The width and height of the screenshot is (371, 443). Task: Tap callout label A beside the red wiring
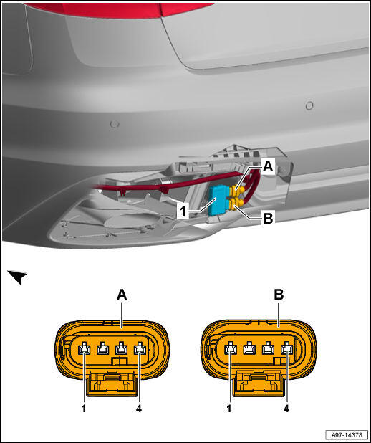(x=268, y=167)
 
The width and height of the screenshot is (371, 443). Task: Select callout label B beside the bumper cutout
(x=268, y=218)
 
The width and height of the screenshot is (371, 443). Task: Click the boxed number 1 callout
(x=184, y=211)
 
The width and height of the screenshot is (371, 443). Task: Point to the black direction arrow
(x=17, y=277)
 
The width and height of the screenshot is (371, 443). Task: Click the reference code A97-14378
(x=347, y=434)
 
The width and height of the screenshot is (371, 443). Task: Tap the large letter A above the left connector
(x=122, y=295)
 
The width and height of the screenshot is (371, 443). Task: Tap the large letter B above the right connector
(x=279, y=295)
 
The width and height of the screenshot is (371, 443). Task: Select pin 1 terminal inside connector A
(x=84, y=348)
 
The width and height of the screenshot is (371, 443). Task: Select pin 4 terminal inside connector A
(x=140, y=348)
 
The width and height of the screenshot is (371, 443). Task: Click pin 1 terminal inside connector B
(x=230, y=348)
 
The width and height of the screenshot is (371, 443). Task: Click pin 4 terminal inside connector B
(x=286, y=348)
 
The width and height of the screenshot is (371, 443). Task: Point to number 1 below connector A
(x=84, y=409)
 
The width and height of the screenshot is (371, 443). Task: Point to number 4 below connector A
(x=139, y=409)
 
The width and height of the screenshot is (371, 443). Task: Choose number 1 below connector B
(x=229, y=409)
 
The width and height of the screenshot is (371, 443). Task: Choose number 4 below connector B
(x=286, y=409)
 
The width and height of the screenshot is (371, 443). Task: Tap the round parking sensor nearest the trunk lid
(x=309, y=105)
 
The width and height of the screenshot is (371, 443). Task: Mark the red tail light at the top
(x=119, y=10)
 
